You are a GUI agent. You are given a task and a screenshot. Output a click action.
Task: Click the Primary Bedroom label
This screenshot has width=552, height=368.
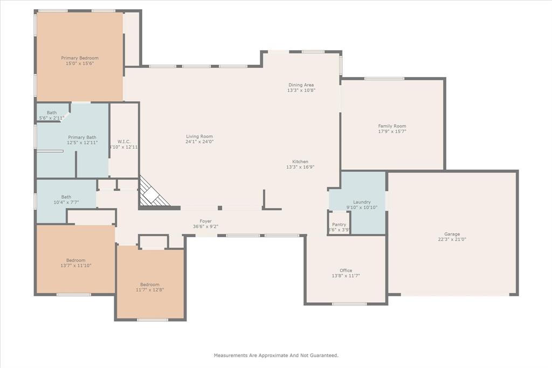click(80, 58)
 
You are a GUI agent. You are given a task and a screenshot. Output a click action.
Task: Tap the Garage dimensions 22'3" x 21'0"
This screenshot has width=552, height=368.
click(452, 239)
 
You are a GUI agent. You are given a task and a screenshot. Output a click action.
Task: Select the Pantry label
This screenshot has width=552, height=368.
click(339, 224)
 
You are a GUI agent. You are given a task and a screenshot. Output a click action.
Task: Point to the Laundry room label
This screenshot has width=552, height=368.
click(362, 202)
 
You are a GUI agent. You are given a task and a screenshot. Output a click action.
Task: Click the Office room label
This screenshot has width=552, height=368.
click(346, 270)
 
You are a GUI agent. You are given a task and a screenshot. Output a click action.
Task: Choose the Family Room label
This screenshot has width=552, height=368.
click(392, 126)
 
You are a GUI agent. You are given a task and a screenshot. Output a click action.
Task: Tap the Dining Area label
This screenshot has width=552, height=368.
click(301, 85)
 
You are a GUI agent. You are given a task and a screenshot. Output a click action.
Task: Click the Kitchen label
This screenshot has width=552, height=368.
click(300, 162)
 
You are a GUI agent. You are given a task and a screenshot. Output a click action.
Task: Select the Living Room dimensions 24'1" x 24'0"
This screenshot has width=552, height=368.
click(199, 142)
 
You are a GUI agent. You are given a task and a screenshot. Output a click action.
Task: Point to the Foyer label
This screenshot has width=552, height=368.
click(205, 221)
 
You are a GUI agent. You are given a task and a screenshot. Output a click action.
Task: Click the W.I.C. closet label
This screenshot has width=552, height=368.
click(124, 141)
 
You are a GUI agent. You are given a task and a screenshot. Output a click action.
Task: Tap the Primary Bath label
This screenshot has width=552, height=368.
click(82, 137)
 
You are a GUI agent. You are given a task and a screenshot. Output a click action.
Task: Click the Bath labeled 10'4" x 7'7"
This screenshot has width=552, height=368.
click(66, 197)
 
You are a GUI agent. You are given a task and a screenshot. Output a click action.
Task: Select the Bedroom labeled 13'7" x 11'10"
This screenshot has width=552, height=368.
click(75, 260)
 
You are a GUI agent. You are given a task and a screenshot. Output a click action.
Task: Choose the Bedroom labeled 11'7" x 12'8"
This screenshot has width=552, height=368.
click(150, 284)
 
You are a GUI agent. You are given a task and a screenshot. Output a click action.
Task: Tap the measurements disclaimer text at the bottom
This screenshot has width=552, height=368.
click(276, 355)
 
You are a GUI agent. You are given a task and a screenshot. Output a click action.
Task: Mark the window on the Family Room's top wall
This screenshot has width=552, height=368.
click(384, 79)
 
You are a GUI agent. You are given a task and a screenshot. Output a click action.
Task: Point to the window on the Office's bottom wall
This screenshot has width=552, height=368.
click(349, 304)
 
